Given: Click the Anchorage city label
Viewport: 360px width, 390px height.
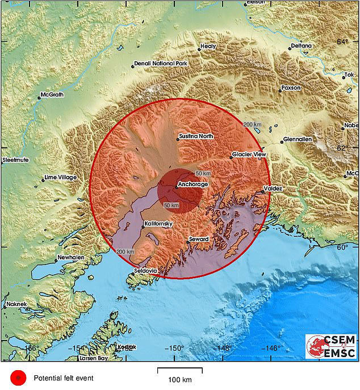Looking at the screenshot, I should [x=193, y=184].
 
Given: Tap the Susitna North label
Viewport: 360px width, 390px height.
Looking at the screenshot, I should [x=196, y=136].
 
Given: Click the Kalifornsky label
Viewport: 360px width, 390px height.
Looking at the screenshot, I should [x=160, y=224].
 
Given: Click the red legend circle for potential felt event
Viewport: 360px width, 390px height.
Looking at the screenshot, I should [x=19, y=377].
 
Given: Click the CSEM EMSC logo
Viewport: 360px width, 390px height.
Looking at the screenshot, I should [x=331, y=347].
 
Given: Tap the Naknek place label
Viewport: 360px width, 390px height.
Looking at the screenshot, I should [x=17, y=305].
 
